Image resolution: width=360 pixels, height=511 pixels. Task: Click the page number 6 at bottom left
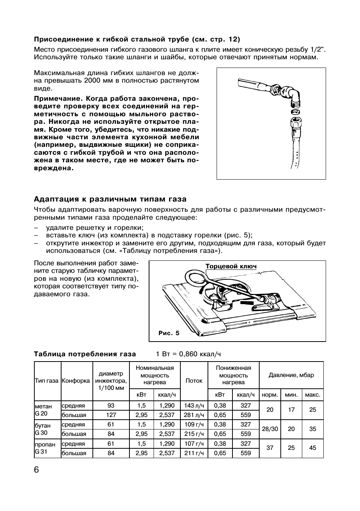point(37,470)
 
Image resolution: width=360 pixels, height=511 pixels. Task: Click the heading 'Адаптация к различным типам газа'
point(110,199)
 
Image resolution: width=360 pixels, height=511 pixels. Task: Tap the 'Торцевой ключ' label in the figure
point(231,266)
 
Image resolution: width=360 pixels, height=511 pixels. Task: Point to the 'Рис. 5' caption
point(169,333)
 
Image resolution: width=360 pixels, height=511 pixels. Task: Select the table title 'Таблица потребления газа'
point(85,354)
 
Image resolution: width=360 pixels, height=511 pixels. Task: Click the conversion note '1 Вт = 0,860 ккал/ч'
point(188,354)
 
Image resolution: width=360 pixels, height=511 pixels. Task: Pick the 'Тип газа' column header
point(47,381)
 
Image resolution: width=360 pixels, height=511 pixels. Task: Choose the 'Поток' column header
point(194,381)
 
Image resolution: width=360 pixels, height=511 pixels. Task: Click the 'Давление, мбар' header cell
point(291,375)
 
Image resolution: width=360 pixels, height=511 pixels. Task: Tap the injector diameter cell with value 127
point(111,415)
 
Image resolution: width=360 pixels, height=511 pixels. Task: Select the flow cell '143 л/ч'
point(194,405)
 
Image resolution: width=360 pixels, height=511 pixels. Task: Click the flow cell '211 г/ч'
point(194,453)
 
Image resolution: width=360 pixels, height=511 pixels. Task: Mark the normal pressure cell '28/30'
point(270,429)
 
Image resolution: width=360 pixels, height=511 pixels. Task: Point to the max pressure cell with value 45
point(312,448)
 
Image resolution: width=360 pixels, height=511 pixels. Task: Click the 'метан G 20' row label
point(43,410)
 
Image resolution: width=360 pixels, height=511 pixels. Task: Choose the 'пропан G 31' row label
point(45,448)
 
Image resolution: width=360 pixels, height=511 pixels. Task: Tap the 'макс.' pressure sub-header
point(312,395)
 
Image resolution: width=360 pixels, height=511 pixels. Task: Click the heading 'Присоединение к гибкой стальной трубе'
point(137,39)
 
